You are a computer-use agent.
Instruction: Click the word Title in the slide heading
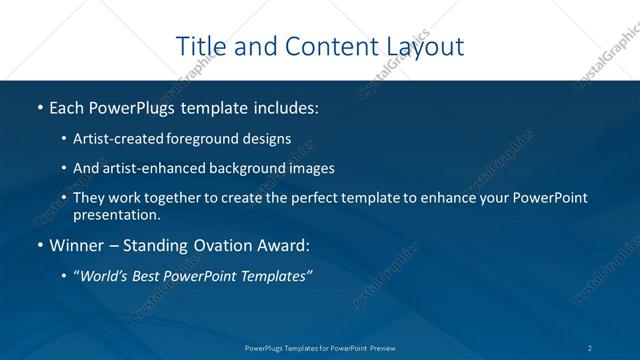[x=199, y=46]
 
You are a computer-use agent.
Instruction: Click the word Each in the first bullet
[x=66, y=106]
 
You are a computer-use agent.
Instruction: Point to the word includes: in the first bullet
[x=279, y=106]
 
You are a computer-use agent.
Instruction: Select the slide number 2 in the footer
[x=591, y=347]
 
